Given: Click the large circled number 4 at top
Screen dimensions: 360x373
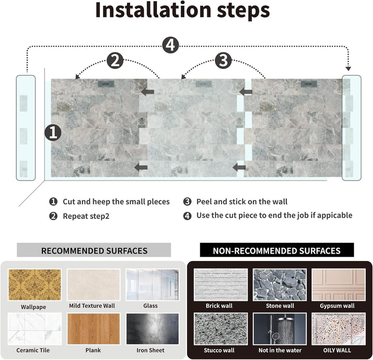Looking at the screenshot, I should point(170,45).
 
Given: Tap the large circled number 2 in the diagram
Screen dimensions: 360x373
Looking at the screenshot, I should point(116,61).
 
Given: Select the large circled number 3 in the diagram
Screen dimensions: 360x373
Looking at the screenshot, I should point(223,61).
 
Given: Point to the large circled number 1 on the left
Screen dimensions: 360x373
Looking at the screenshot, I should point(52,132).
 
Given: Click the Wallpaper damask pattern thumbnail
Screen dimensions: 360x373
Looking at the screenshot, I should point(35,284).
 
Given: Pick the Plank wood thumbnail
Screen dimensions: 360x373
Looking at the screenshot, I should point(93,329).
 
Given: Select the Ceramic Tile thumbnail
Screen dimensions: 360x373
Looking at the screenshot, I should point(35,329).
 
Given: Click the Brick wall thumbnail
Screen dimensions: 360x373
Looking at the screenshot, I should point(219,284).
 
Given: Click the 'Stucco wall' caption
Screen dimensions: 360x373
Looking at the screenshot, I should point(219,350).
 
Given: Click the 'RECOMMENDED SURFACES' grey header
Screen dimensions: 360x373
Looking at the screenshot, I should point(94,251).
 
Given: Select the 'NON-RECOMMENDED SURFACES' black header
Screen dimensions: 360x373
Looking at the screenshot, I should point(277,251).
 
